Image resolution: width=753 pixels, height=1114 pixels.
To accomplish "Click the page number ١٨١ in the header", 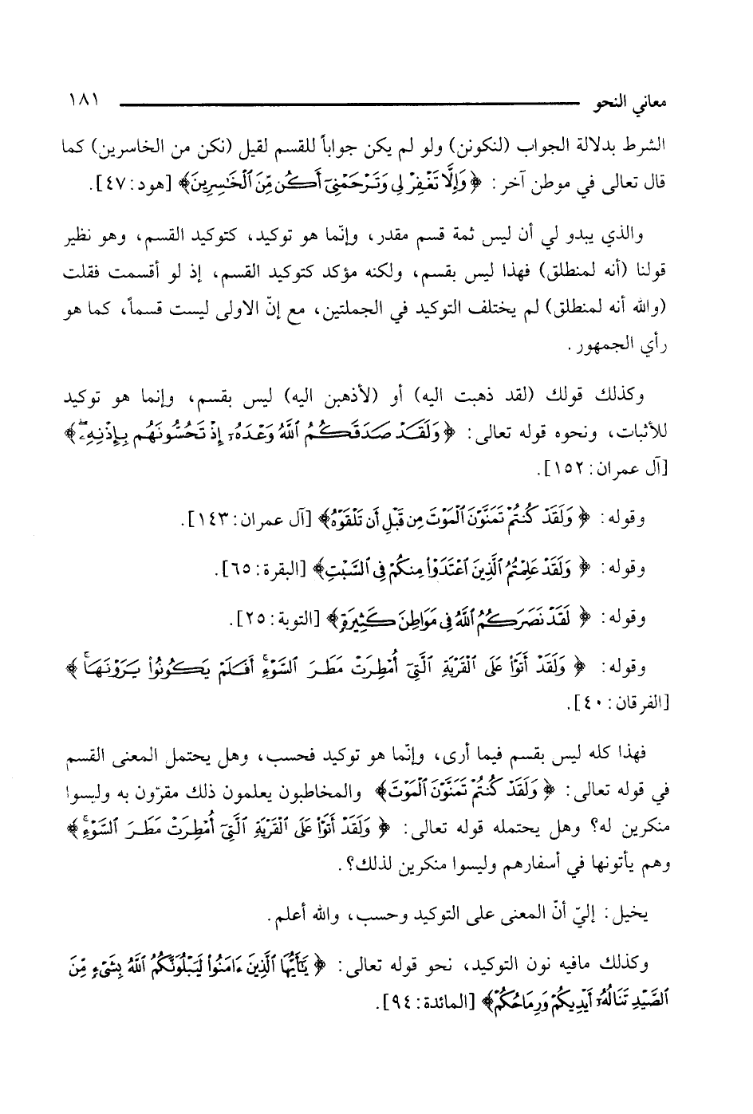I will pyautogui.click(x=83, y=103).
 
